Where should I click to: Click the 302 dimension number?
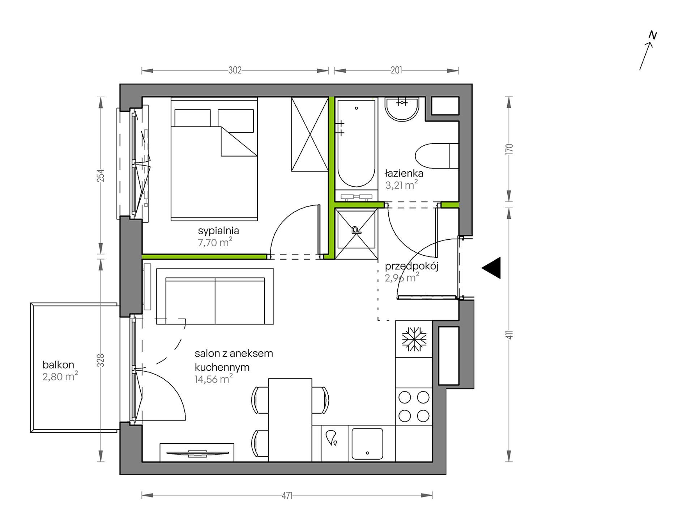pos(235,70)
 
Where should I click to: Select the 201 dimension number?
pos(396,70)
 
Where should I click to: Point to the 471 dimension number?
pos(287,496)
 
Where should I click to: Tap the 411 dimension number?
pos(509,334)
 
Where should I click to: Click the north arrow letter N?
pos(653,35)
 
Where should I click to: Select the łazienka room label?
pos(404,173)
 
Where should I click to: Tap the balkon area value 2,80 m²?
pos(60,376)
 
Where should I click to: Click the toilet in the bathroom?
pos(437,156)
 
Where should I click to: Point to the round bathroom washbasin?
pos(402,109)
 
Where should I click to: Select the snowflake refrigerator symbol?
pos(414,339)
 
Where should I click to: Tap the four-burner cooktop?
pos(414,407)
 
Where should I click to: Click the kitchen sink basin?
pos(367,444)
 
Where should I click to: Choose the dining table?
pos(290,420)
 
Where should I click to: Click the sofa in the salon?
pos(215,297)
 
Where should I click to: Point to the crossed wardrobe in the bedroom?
pos(310,134)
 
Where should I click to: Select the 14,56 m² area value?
pos(213,379)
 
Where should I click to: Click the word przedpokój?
pos(411,267)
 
